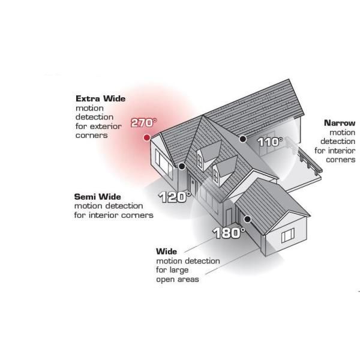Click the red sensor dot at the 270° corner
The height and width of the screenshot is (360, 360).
pos(147,138)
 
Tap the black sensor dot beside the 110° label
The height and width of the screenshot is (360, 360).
pos(242,139)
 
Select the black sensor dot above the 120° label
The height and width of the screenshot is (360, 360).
pos(182,166)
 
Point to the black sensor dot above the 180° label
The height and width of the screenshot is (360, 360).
pos(247,219)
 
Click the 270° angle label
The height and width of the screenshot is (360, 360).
pos(144,122)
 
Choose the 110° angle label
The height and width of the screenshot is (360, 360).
pos(270,142)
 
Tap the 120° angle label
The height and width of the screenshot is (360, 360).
pos(175,197)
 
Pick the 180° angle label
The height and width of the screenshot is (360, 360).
pos(229,233)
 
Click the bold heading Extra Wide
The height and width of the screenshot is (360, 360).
pos(101,99)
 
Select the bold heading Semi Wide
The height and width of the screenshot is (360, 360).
pos(98,197)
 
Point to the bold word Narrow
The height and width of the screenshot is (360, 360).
pos(340,123)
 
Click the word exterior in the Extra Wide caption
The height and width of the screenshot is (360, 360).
pos(106,126)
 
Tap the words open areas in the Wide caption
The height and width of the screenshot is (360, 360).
pos(178,280)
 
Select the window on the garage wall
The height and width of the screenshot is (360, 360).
pos(288,235)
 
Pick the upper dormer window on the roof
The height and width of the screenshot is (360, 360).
pos(200,162)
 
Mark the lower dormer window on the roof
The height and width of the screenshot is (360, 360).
pos(215,176)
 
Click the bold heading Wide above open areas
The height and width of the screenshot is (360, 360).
pos(166,251)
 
